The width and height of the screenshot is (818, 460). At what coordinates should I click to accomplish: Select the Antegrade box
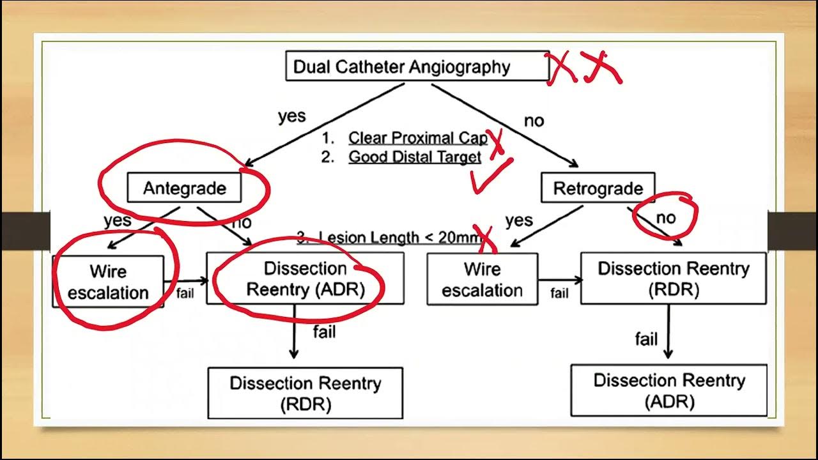(184, 188)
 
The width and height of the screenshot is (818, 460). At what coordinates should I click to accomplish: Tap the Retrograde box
(598, 188)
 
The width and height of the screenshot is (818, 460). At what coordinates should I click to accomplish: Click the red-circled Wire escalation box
(108, 282)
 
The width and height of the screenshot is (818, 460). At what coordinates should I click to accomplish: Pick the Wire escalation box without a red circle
(482, 280)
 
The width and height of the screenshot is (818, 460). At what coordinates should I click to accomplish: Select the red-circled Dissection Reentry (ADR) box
(305, 279)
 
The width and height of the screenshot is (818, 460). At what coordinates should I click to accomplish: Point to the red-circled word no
(665, 218)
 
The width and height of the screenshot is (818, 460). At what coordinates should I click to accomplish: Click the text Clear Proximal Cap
(417, 138)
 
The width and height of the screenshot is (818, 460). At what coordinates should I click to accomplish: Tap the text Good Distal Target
(414, 157)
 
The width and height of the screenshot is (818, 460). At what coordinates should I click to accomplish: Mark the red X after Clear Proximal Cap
(497, 142)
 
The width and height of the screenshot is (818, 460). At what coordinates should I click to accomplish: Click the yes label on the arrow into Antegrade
(291, 116)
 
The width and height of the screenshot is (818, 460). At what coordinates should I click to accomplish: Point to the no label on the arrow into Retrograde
(534, 121)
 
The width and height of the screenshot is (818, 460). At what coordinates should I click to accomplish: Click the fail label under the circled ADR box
(324, 332)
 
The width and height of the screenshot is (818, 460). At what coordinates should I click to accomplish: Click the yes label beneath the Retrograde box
(518, 220)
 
